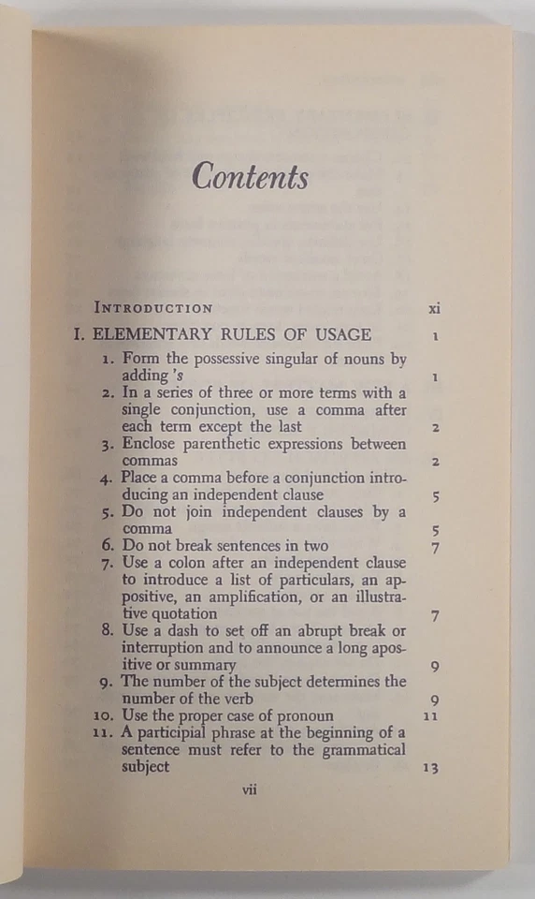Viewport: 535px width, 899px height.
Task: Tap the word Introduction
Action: tap(153, 307)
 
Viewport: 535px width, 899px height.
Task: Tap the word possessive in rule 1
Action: tap(226, 359)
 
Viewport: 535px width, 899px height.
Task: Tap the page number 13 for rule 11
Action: tap(430, 769)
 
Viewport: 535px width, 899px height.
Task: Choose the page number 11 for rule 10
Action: tap(430, 716)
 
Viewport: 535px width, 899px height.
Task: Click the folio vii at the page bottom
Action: tap(250, 789)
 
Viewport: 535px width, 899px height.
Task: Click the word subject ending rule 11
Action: tap(145, 767)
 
